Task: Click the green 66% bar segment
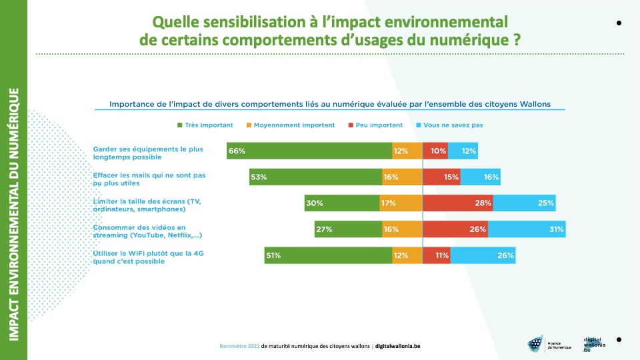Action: coord(309,151)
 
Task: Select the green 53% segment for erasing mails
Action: coord(315,177)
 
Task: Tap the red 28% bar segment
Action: coord(458,203)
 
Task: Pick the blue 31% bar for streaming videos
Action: coord(527,229)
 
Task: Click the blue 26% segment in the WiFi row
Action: coord(483,255)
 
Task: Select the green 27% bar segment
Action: coord(348,229)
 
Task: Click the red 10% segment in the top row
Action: coord(435,151)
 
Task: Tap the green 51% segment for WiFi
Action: coord(328,255)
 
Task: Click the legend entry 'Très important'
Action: coord(205,125)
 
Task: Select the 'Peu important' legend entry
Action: coord(375,125)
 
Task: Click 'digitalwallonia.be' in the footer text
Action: coord(398,346)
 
